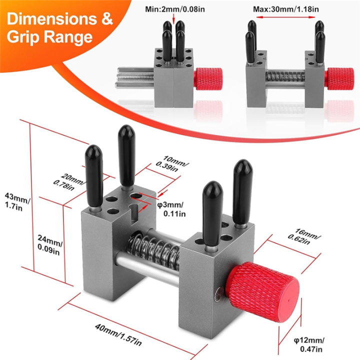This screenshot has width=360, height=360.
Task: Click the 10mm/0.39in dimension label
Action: tap(168, 164)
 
